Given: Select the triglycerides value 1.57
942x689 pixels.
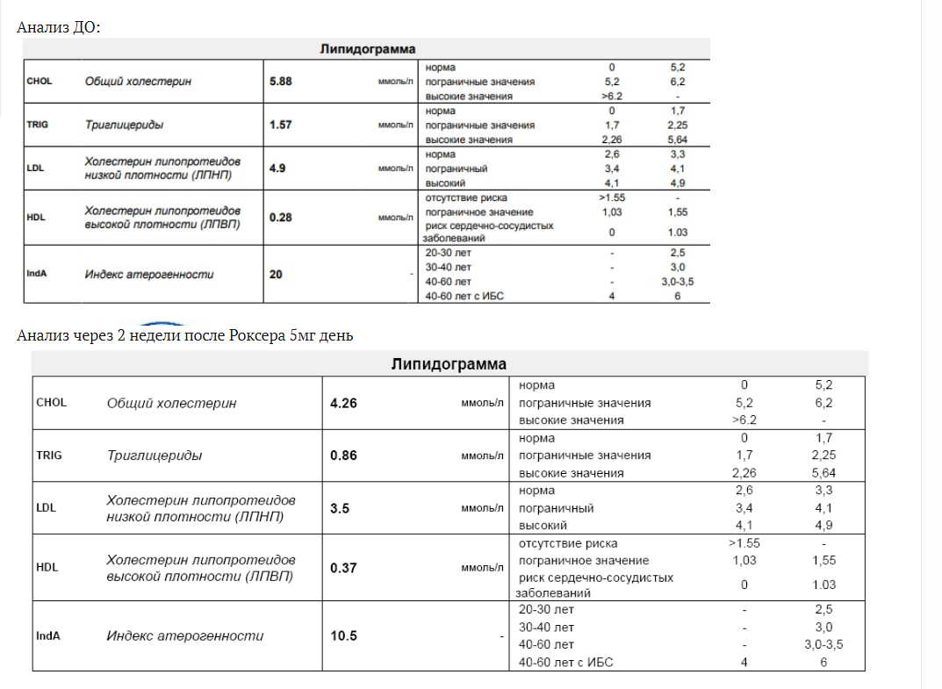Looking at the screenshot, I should [280, 125].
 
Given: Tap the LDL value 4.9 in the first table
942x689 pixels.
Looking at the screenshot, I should [277, 168].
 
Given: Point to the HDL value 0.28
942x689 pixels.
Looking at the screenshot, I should [280, 217].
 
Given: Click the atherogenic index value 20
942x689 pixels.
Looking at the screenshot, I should [276, 274].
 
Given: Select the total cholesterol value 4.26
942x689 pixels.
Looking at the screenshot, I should [343, 404].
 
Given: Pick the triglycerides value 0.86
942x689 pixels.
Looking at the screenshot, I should [343, 456].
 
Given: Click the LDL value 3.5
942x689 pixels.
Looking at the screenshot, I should [340, 507].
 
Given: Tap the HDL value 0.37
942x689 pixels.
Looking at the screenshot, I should [343, 568].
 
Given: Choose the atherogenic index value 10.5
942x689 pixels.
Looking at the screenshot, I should [343, 635].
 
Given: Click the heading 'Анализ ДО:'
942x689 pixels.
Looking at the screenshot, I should [59, 27].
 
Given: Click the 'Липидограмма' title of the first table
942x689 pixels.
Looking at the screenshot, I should [367, 49].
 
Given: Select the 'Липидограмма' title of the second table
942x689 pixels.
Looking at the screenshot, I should [449, 364].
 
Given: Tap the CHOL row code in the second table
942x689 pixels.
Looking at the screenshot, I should [51, 403].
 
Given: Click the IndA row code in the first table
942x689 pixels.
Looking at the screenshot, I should [37, 274].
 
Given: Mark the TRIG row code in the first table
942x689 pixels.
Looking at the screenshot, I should [38, 125].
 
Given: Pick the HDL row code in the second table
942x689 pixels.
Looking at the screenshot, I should [47, 567].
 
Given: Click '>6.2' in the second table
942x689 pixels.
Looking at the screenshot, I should [744, 420].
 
